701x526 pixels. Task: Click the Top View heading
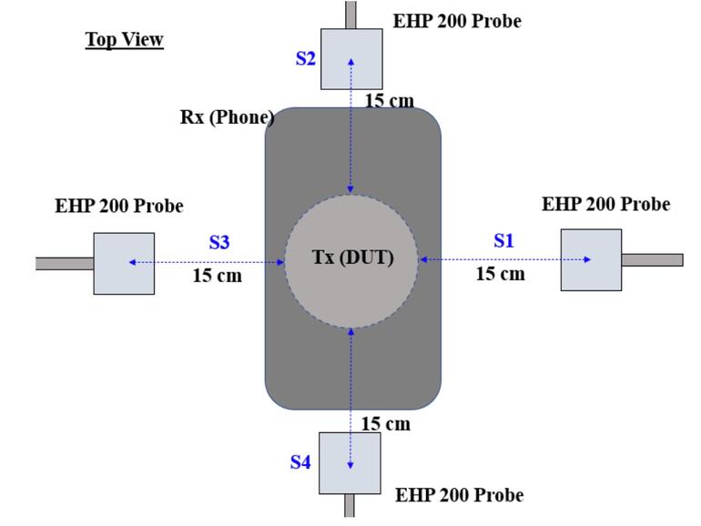click(125, 39)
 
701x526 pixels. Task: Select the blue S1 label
click(503, 240)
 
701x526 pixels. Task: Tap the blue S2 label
click(306, 58)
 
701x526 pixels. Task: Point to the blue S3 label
click(219, 242)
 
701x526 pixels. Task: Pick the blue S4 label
click(300, 462)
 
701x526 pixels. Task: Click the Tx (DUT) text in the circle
click(352, 258)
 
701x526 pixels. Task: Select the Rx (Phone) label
click(227, 117)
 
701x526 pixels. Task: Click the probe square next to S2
click(351, 59)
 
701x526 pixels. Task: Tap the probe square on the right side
click(591, 260)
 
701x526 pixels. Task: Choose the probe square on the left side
click(124, 264)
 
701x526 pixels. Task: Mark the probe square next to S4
click(350, 463)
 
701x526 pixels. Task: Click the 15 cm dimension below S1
click(500, 273)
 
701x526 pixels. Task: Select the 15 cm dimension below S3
click(217, 275)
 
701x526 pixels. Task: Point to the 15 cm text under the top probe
click(390, 100)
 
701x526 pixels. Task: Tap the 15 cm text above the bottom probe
click(385, 423)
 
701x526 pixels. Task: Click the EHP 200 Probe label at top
click(457, 20)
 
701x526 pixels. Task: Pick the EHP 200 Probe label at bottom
click(459, 495)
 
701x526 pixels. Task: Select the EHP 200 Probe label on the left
click(119, 206)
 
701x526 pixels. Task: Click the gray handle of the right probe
click(652, 260)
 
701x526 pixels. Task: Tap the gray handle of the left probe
click(65, 264)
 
